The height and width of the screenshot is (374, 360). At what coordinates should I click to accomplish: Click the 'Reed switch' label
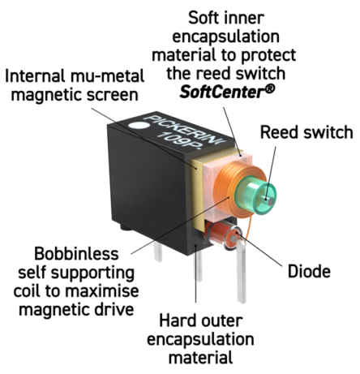point(306,132)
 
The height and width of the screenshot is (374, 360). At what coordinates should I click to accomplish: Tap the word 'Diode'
point(309,271)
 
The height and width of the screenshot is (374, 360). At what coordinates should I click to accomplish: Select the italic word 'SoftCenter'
point(224,92)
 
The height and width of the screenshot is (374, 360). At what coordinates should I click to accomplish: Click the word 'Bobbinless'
point(76,254)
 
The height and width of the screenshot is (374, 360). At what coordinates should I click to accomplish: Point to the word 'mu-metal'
point(107,76)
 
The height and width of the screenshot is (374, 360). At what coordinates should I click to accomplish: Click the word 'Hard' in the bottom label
point(174,320)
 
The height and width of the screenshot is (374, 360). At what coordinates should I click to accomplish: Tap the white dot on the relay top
point(138,126)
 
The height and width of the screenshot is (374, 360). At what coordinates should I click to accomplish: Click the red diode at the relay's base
point(221,234)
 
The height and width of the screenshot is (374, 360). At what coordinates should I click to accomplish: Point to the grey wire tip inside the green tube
point(269,200)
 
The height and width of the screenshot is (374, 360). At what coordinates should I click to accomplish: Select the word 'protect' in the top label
point(268,55)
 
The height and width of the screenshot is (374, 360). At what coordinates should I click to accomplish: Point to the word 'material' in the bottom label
point(200,357)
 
